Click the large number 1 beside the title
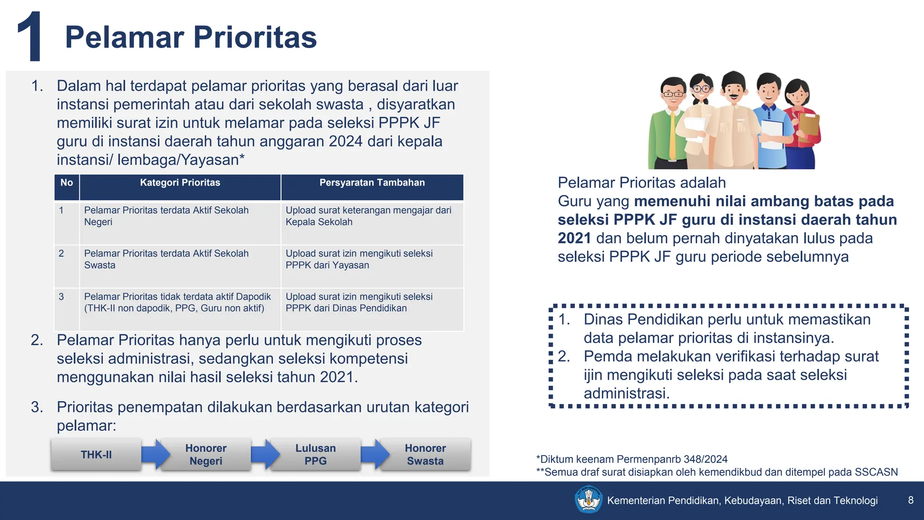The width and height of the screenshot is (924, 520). [31, 37]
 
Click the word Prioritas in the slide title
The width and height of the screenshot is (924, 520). [255, 37]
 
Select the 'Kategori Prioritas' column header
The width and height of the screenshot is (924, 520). [180, 183]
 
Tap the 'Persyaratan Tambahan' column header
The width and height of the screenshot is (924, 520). [372, 183]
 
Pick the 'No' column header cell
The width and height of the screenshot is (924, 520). [67, 183]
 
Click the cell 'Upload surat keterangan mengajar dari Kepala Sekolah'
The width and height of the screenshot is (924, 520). [368, 216]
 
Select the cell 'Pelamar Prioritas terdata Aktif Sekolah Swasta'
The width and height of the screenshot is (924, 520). [166, 260]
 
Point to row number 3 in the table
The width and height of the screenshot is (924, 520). [61, 297]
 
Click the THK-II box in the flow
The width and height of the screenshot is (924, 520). [96, 455]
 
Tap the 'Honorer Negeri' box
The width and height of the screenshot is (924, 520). [206, 455]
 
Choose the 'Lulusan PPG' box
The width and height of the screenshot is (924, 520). [315, 455]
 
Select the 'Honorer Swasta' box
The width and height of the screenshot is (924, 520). [425, 455]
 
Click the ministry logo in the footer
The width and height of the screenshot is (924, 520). [588, 500]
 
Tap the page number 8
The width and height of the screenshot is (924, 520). [910, 500]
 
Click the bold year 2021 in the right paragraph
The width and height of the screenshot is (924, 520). [574, 238]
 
